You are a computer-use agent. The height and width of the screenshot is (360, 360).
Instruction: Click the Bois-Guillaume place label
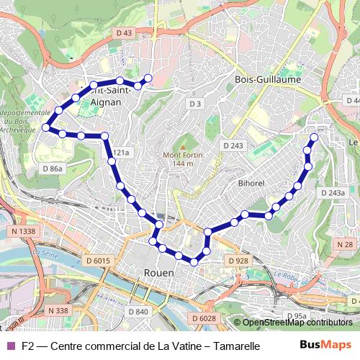coord(268,79)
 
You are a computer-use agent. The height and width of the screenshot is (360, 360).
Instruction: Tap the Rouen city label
coord(159,273)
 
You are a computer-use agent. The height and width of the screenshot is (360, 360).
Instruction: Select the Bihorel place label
coord(251,183)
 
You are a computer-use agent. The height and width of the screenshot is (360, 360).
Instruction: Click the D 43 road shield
coord(124,33)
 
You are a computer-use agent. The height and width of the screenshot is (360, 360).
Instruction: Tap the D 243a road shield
coord(332,193)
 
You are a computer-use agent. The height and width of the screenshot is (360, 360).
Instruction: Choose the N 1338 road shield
coord(24,231)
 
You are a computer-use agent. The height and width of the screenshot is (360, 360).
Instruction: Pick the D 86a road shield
coord(53,168)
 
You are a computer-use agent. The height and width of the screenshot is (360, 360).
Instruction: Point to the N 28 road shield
coord(345,245)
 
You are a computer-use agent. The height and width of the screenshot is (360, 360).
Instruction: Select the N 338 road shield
coord(57,310)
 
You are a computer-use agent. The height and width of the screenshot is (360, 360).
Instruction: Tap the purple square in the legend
coord(10,346)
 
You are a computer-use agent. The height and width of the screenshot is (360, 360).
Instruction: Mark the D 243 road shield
coord(233,145)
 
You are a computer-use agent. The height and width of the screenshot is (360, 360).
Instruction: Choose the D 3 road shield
coord(194,104)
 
